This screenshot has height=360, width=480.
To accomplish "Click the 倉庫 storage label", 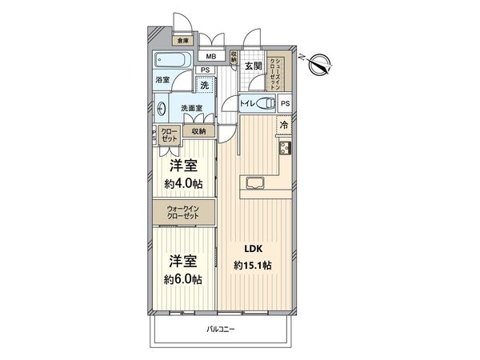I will click(x=183, y=41).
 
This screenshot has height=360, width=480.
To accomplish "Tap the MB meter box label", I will click(x=211, y=57).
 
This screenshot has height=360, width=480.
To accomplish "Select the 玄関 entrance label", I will click(x=254, y=66).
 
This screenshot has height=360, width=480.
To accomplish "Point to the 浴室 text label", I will click(x=162, y=81).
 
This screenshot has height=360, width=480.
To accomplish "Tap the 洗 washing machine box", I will click(x=206, y=85).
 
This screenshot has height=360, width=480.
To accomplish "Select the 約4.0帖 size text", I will click(x=184, y=185).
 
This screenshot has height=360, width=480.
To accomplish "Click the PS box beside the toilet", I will click(x=286, y=103).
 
